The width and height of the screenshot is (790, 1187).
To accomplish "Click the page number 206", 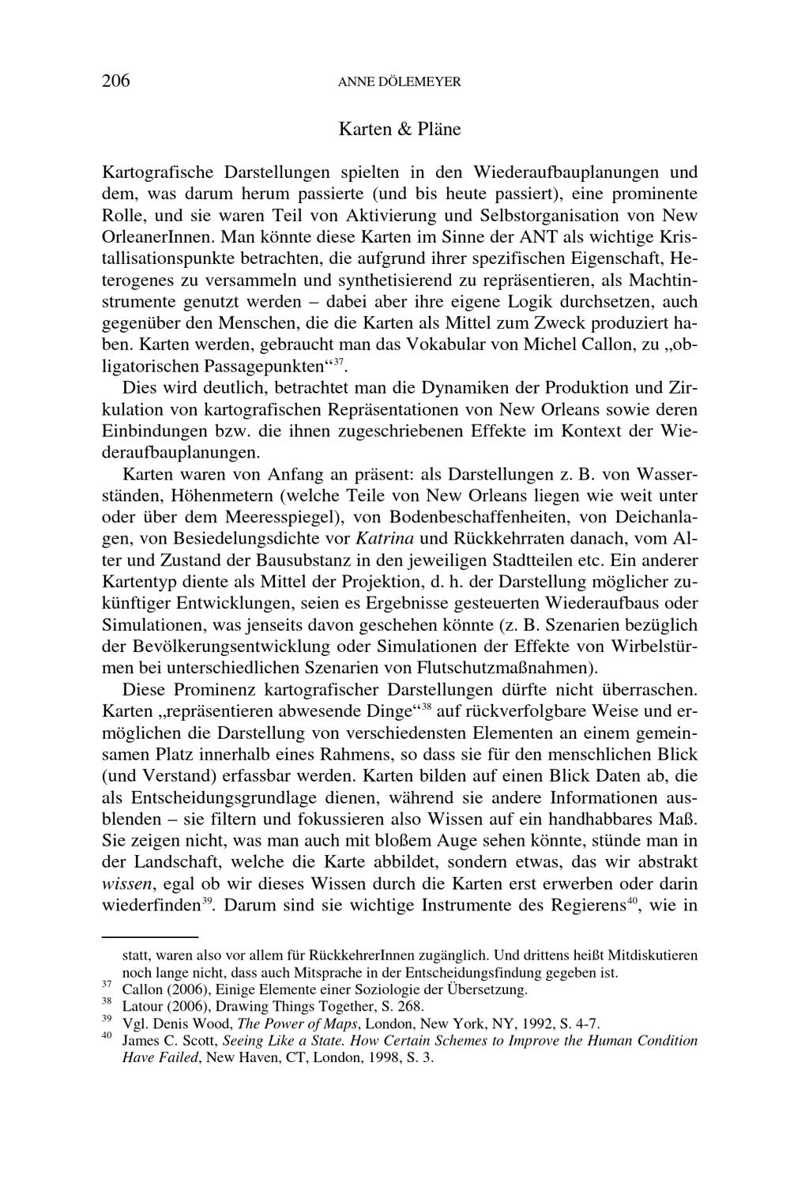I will (x=115, y=81).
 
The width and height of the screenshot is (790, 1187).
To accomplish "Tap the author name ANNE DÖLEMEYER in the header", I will (x=399, y=81).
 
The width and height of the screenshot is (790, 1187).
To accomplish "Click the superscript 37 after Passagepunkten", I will (x=337, y=362).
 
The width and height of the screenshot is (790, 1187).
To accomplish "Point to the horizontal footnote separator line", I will (x=149, y=936).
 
